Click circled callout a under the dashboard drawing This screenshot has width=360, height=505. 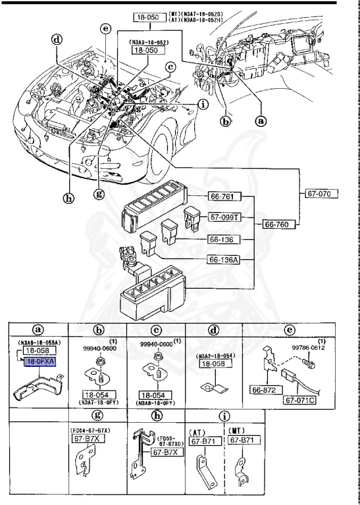click(x=262, y=121)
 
